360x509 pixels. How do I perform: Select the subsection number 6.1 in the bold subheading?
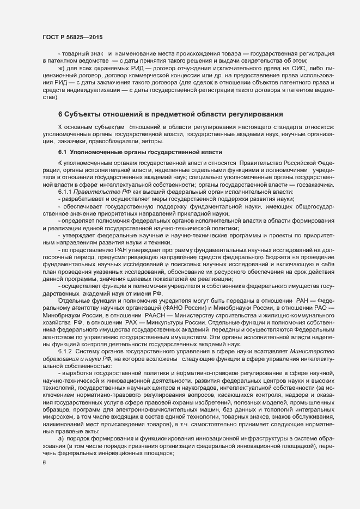(x=62, y=151)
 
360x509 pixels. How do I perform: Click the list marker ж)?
(x=61, y=69)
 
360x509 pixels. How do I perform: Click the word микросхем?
(x=58, y=415)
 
